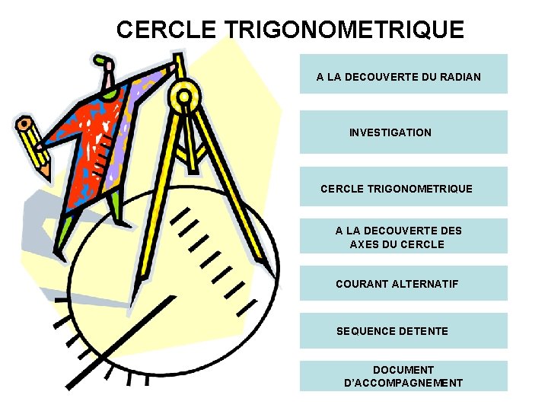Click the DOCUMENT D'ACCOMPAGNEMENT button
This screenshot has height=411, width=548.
coord(403,376)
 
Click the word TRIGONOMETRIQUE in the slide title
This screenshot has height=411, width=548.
coord(344,30)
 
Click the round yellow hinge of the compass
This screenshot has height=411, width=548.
coord(183,97)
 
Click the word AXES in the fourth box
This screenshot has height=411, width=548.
coord(364,244)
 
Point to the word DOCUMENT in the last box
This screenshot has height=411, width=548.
coord(403,370)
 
